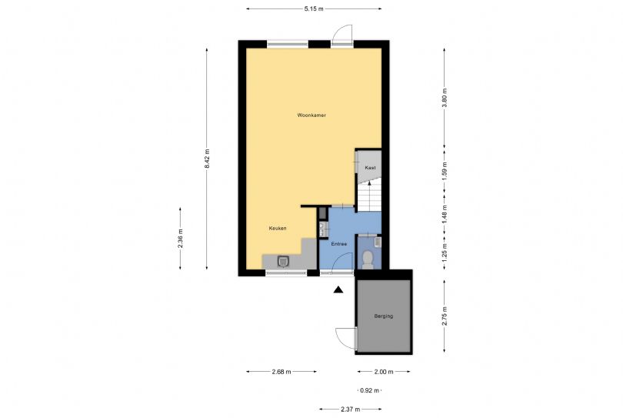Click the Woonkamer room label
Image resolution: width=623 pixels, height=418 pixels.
point(311,115)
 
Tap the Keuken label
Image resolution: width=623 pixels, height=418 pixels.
point(278,229)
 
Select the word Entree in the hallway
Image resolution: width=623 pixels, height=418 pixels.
point(339,244)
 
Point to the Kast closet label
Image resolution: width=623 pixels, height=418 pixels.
point(370,168)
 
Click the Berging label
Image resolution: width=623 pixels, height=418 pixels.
point(384,316)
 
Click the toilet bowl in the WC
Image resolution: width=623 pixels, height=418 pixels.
point(368,259)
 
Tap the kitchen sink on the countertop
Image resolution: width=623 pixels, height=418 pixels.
point(283,261)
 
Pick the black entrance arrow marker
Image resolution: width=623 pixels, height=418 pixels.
point(338,289)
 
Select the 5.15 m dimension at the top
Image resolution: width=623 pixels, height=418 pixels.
point(314,8)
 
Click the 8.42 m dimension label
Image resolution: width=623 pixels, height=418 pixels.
point(207,159)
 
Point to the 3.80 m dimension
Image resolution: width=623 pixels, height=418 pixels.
point(445,98)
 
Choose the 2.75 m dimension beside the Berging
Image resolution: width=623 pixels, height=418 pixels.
point(445,316)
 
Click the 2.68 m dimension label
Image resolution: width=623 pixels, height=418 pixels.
point(282,372)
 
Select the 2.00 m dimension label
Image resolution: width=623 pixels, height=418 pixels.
point(384,372)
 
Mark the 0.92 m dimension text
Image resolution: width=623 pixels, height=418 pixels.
point(369,390)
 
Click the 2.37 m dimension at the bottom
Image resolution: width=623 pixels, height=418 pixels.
point(351,409)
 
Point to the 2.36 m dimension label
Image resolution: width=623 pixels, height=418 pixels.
point(181,239)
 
